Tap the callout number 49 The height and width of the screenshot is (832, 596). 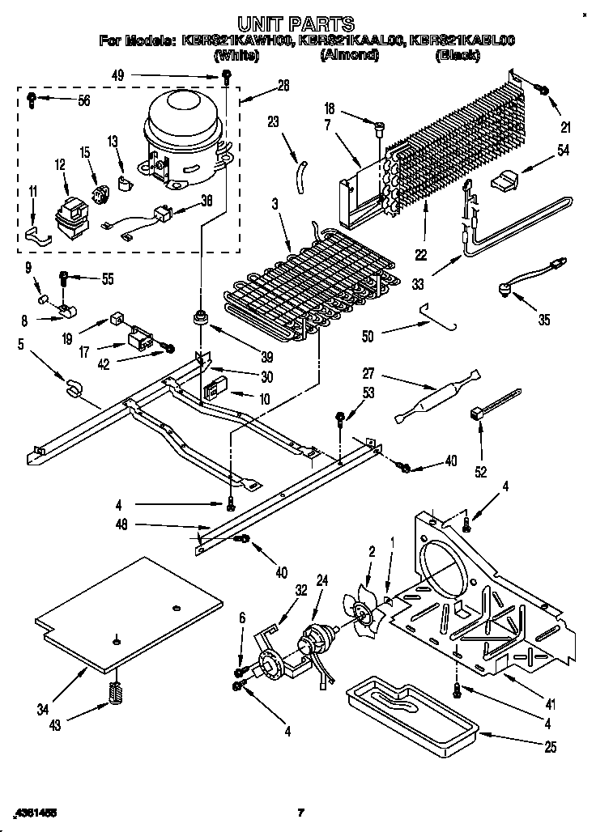click(x=118, y=77)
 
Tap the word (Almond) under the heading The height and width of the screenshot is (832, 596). click(x=349, y=55)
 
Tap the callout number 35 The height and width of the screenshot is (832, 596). click(x=544, y=320)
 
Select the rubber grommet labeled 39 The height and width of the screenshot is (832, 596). click(x=198, y=318)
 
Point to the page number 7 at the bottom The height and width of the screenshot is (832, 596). click(x=300, y=812)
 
